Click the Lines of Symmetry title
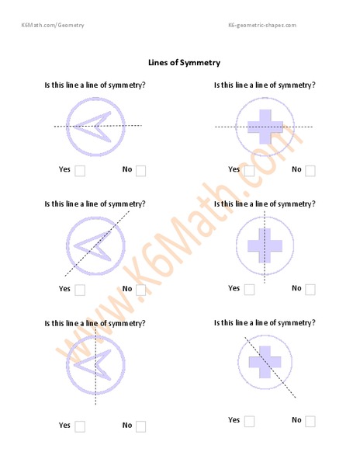point(185,62)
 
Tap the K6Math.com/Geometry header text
point(53,26)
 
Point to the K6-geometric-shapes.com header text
point(262,26)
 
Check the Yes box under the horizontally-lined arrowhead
point(80,171)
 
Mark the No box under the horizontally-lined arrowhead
point(140,171)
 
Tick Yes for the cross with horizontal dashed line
point(248,171)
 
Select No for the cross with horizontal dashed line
point(310,171)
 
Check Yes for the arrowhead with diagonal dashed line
point(80,290)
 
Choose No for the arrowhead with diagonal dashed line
point(140,290)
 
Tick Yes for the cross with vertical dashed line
point(249,290)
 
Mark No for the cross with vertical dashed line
point(310,290)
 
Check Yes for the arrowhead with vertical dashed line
point(80,426)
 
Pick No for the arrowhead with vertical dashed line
point(140,426)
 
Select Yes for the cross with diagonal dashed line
point(249,421)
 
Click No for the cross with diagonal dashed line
point(310,421)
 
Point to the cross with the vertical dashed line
point(265,245)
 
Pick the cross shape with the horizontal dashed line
point(265,127)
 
